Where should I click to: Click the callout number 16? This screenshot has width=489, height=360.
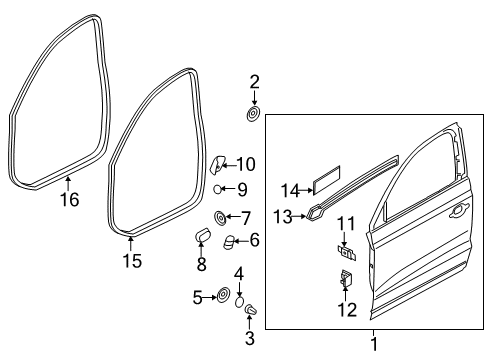tap(69, 200)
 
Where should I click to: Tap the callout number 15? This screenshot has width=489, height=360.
tap(132, 260)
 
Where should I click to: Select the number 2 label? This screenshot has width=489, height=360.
tap(254, 82)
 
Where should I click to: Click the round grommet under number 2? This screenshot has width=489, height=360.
tap(253, 114)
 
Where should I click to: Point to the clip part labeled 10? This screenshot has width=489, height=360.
tap(217, 165)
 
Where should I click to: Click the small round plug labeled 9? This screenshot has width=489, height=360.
tap(217, 189)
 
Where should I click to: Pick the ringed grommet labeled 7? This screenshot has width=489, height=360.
tap(220, 218)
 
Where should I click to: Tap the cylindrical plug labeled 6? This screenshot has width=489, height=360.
tap(228, 242)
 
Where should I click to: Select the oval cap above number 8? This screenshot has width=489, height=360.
tap(203, 234)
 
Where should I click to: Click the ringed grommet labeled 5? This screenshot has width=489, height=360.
tap(223, 295)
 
